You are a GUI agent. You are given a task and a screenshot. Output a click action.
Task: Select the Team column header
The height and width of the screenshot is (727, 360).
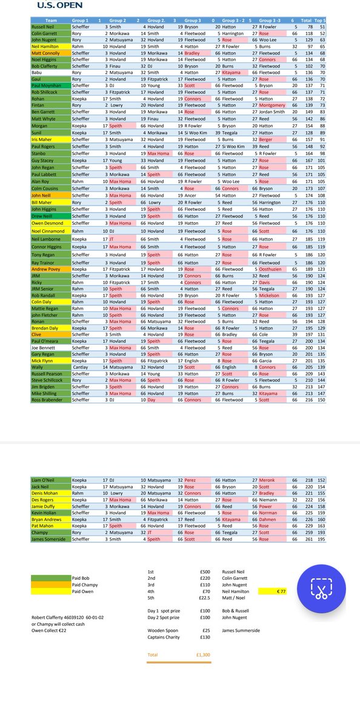pos(50,21)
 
